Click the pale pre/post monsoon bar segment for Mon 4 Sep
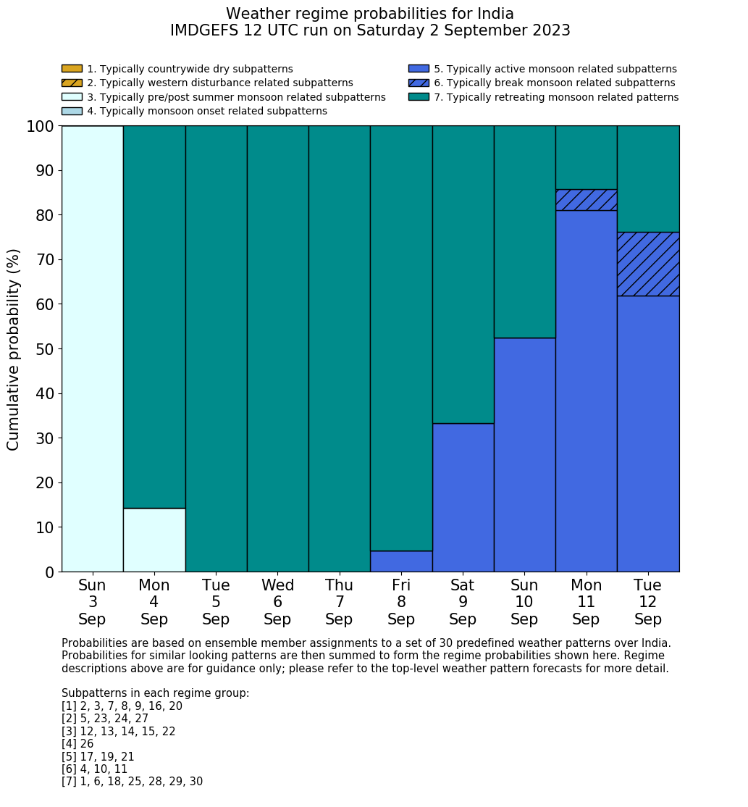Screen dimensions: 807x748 (154, 540)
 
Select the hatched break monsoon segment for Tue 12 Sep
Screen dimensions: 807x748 (648, 264)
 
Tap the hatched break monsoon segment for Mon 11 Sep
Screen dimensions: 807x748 (586, 200)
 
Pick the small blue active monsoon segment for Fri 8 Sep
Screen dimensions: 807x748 (401, 561)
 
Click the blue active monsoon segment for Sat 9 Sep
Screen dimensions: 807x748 (463, 498)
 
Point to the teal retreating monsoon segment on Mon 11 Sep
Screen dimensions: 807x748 (586, 157)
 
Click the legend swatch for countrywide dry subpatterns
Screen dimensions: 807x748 (72, 69)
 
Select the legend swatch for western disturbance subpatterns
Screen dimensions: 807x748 (72, 83)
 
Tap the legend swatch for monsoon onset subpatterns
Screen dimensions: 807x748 (72, 111)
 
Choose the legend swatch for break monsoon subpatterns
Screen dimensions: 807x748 (419, 83)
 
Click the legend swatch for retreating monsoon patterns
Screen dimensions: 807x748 (419, 97)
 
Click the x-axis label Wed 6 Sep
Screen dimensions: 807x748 (277, 602)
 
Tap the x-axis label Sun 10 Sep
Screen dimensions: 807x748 (524, 602)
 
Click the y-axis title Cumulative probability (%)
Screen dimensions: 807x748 (14, 349)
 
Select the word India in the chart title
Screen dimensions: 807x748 (495, 14)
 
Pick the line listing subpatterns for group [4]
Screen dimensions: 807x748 (77, 744)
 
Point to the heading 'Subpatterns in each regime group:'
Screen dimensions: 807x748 (155, 693)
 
